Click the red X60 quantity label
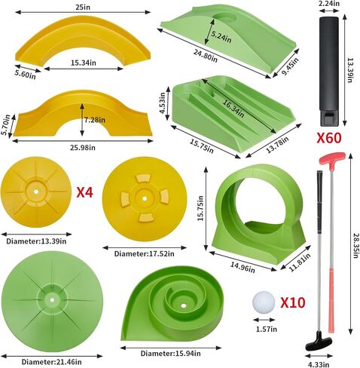click(329, 138)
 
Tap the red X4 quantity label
click(84, 192)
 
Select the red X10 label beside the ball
click(293, 302)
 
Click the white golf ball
click(264, 302)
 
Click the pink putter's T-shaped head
click(332, 158)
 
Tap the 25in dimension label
click(83, 7)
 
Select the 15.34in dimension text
click(84, 63)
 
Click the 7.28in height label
click(95, 120)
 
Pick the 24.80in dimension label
click(206, 56)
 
